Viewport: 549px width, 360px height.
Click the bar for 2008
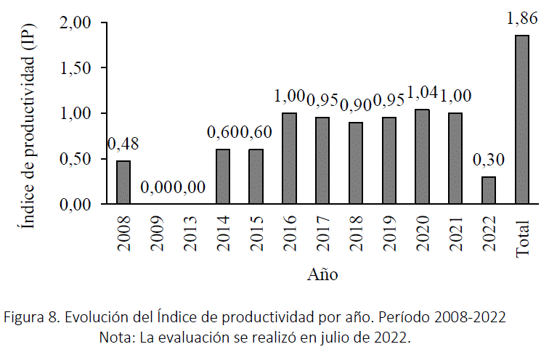(123, 182)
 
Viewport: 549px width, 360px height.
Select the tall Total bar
(522, 120)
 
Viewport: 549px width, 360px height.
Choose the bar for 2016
(289, 158)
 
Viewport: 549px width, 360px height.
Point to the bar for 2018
(355, 163)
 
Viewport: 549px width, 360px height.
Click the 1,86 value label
(522, 20)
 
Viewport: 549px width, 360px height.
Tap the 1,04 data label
(422, 93)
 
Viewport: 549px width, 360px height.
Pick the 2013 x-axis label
(190, 233)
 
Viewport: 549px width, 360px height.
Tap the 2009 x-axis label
(157, 233)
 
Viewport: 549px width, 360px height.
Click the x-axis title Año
(322, 274)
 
